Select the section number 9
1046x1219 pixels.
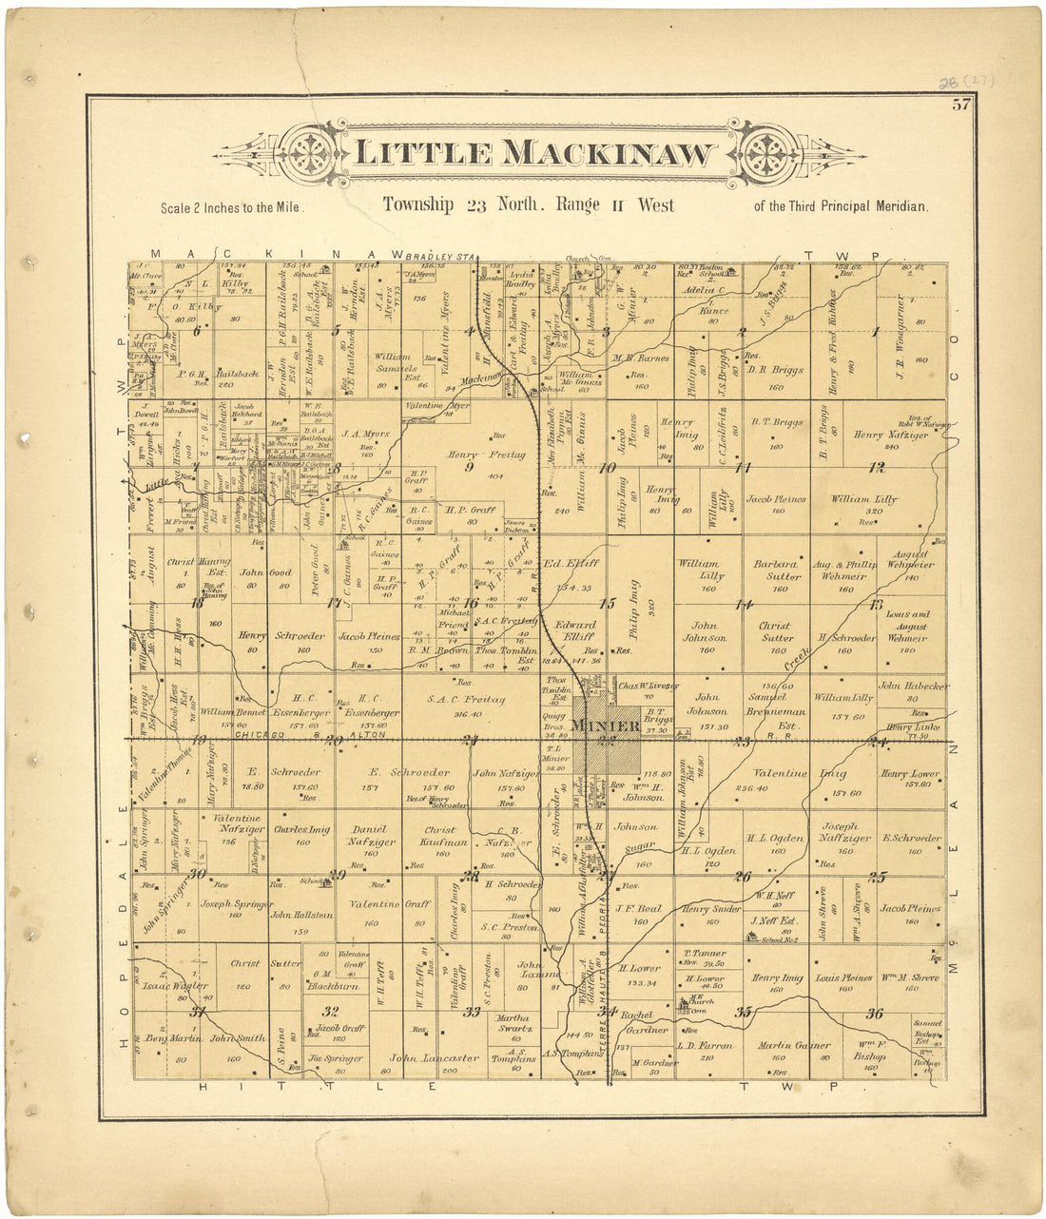pos(468,467)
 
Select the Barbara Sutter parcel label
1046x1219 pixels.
pos(775,570)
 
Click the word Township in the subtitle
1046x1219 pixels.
pos(418,204)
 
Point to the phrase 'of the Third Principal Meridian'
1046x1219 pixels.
pos(840,206)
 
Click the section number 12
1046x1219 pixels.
pos(876,467)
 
